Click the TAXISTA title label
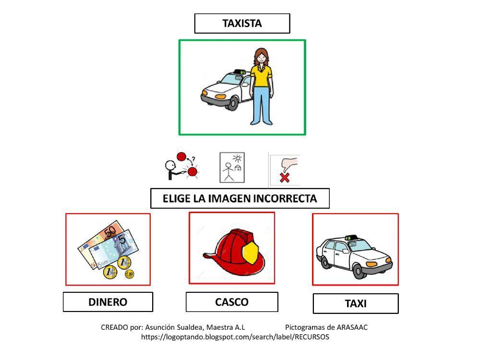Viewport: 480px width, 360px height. [x=242, y=23]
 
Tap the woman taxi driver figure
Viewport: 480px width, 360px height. [x=261, y=86]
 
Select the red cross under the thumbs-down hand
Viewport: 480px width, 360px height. [x=285, y=178]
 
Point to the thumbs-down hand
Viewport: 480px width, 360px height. [x=289, y=164]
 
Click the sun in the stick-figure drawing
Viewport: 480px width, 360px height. [x=237, y=158]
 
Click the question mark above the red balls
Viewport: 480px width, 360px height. [x=193, y=159]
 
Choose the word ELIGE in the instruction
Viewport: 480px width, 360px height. [x=176, y=199]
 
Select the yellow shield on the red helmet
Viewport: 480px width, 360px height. [x=250, y=252]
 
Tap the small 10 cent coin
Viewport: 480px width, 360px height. [x=130, y=274]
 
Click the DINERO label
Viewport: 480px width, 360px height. [x=108, y=302]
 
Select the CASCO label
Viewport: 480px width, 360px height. [x=232, y=302]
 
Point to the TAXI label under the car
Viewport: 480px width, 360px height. [x=356, y=303]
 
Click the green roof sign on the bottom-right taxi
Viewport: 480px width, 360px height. [x=351, y=238]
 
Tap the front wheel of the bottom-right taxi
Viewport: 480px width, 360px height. [x=358, y=271]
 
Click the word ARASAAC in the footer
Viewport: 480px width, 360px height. [x=352, y=327]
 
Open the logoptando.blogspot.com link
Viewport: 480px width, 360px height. [x=235, y=337]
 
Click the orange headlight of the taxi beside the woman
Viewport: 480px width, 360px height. [x=220, y=97]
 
